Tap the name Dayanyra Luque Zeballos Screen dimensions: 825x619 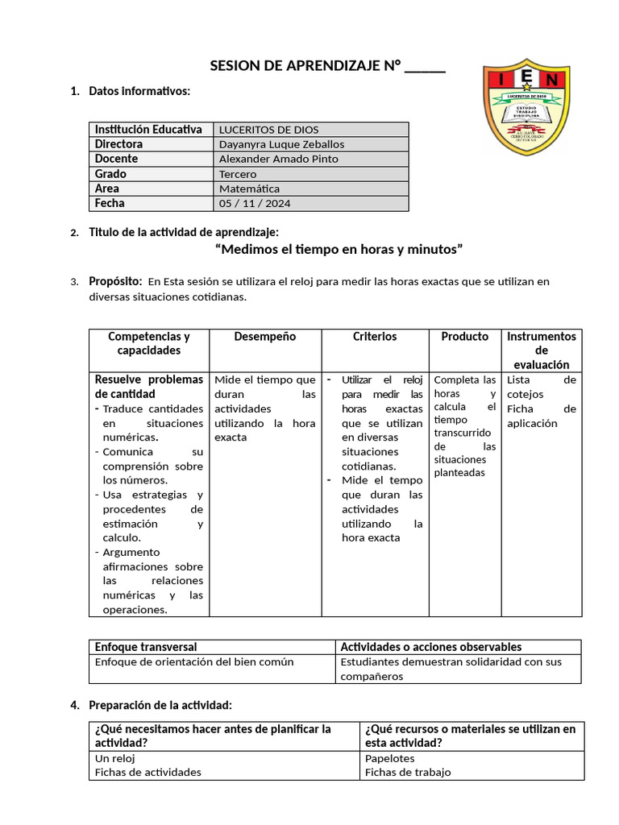[281, 144]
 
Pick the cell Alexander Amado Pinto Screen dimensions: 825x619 [278, 159]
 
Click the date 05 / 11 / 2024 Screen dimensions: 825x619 [255, 204]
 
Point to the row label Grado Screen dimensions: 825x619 [110, 174]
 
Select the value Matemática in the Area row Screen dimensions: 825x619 [249, 189]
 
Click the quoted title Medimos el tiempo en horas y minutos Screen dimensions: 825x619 [339, 250]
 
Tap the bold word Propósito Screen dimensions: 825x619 [115, 281]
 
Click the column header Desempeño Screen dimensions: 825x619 [265, 337]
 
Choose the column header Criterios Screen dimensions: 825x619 [375, 337]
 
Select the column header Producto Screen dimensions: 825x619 [464, 337]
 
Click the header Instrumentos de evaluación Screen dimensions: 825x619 [541, 350]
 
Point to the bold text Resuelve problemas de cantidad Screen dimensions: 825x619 [149, 387]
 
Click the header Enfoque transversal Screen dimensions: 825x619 [146, 647]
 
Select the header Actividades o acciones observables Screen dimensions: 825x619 [430, 647]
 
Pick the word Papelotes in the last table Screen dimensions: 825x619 [389, 758]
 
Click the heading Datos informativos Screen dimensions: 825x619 [139, 91]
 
